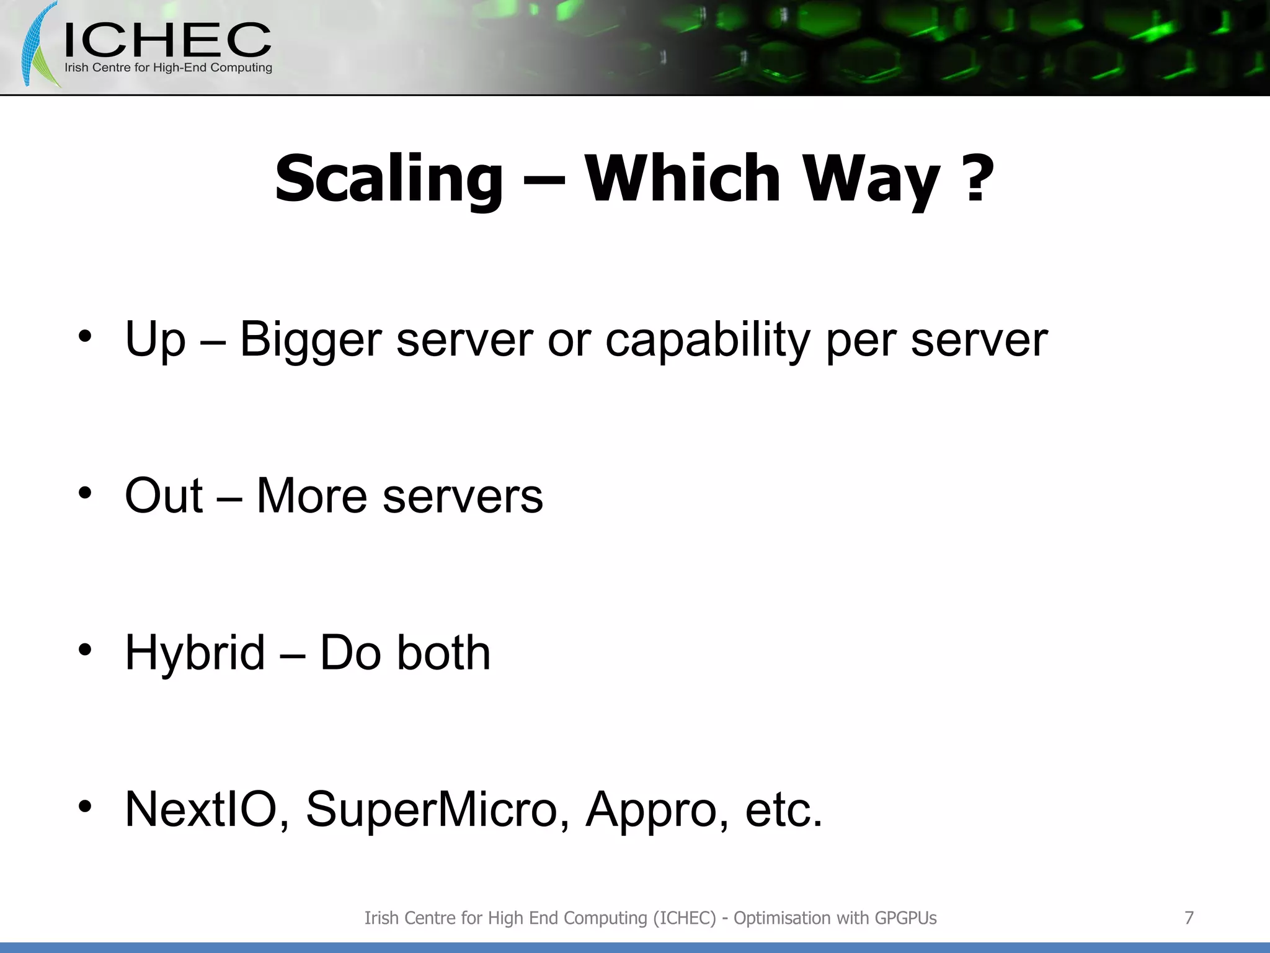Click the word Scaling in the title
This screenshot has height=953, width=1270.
[x=388, y=180]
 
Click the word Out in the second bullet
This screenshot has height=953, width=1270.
[x=164, y=496]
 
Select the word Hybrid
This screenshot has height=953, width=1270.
[x=195, y=653]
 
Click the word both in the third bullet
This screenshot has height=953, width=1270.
[x=443, y=653]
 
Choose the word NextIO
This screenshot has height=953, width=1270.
[x=201, y=809]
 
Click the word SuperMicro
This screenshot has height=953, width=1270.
[x=432, y=809]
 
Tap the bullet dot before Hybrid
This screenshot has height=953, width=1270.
[x=85, y=650]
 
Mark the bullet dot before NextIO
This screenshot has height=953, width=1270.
[x=85, y=806]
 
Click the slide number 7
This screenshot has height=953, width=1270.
[x=1189, y=918]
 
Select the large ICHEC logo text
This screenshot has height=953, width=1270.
[x=167, y=40]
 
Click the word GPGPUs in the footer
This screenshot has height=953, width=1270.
[x=905, y=918]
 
